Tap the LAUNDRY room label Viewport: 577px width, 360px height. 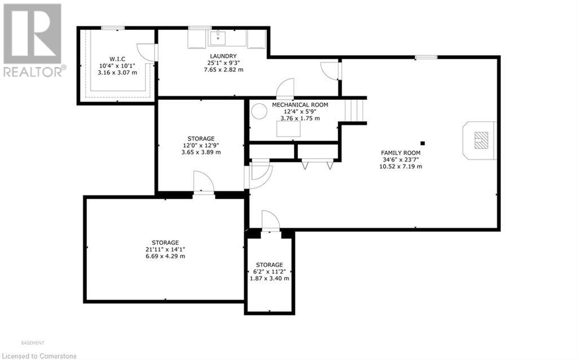(218, 56)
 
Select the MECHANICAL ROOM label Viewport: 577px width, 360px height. (299, 105)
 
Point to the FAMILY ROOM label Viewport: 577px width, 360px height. (400, 153)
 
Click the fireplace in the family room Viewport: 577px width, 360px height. (480, 139)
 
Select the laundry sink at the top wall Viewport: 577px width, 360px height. (218, 38)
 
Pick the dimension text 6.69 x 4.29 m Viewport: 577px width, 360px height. (165, 256)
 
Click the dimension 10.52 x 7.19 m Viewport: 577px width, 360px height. (402, 166)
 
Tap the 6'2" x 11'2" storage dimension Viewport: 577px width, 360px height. (269, 271)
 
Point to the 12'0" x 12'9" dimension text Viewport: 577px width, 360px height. (201, 146)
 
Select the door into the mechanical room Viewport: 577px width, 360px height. (285, 89)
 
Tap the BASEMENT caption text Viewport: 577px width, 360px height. (32, 343)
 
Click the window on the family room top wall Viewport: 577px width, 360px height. (426, 57)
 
